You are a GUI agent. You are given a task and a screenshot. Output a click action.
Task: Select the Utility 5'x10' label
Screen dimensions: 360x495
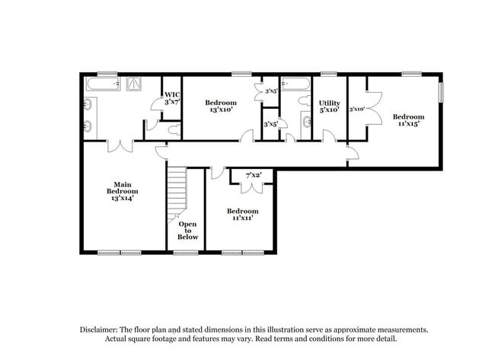pyautogui.click(x=330, y=106)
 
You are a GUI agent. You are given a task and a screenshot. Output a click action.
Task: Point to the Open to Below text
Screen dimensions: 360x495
pyautogui.click(x=188, y=231)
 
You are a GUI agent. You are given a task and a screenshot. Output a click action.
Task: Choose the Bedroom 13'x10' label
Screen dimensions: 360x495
pyautogui.click(x=221, y=106)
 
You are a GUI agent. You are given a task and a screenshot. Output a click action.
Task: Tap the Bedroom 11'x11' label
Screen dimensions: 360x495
pyautogui.click(x=242, y=214)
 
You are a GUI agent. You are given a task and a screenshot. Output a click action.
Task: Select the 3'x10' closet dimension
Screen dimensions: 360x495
pyautogui.click(x=356, y=109)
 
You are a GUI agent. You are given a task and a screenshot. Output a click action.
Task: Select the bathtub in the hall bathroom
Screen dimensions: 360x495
pyautogui.click(x=293, y=84)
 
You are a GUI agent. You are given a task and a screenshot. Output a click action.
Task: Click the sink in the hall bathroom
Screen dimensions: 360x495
pyautogui.click(x=305, y=121)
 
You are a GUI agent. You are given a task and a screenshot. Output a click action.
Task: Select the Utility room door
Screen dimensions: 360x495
pyautogui.click(x=329, y=137)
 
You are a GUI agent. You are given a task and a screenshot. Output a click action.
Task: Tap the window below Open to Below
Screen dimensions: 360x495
pyautogui.click(x=185, y=253)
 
